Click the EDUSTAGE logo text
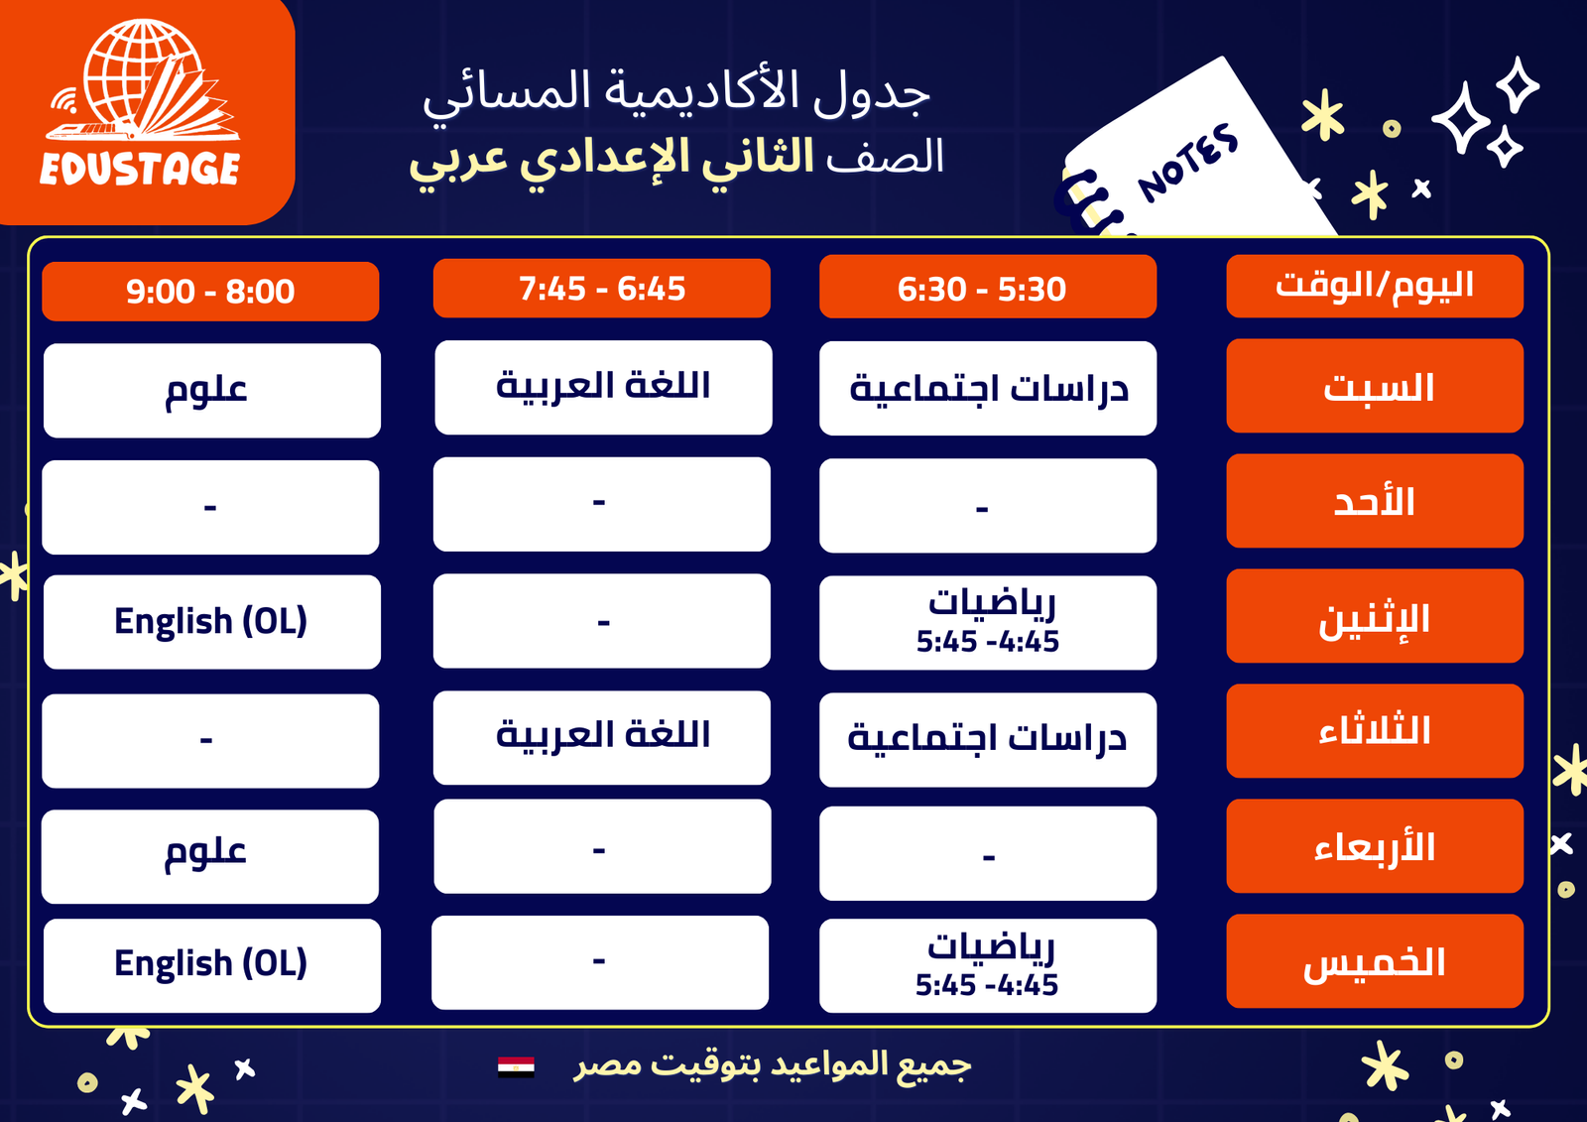[x=140, y=169]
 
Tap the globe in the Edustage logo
[x=142, y=74]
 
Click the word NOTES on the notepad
[x=1188, y=163]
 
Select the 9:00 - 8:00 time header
[x=210, y=292]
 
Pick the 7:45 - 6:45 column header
[x=601, y=289]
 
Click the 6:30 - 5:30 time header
[x=988, y=287]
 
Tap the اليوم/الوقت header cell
[x=1375, y=287]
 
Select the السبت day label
[x=1375, y=386]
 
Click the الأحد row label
[x=1375, y=500]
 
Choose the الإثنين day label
[x=1375, y=616]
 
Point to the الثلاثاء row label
[x=1375, y=731]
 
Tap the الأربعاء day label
[x=1375, y=845]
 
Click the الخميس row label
[x=1375, y=961]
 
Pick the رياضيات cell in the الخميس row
[x=988, y=965]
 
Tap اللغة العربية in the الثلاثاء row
[x=601, y=737]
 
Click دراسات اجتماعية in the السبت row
[x=988, y=388]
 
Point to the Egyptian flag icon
[x=516, y=1066]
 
